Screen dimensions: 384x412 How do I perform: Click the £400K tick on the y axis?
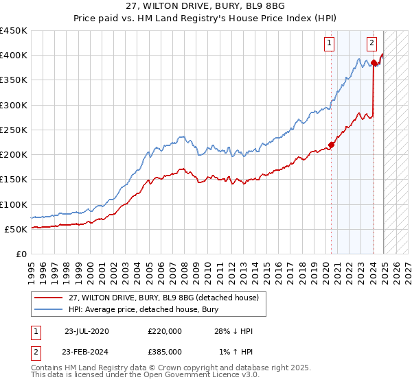14,56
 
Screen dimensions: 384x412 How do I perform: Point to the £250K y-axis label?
14,130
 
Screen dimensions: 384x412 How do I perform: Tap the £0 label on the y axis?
21,254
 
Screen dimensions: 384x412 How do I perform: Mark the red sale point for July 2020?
332,145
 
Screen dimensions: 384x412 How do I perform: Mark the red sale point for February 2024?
374,63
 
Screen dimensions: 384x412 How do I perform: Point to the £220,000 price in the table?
165,331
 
